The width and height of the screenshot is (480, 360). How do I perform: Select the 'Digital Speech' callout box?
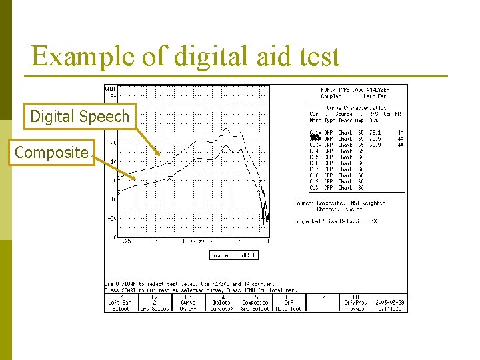point(79,117)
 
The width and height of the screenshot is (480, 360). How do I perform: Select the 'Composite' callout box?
point(51,153)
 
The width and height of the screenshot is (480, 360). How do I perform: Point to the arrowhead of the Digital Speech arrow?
point(159,155)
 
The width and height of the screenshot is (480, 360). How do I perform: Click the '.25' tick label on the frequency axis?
point(126,241)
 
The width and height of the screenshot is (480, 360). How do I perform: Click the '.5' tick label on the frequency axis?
point(155,241)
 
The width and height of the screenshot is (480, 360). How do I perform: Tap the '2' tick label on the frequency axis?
point(212,241)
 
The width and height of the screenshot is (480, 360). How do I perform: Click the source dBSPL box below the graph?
point(233,255)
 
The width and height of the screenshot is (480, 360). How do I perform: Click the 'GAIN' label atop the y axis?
point(111,90)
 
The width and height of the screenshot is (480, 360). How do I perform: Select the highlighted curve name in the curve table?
point(315,139)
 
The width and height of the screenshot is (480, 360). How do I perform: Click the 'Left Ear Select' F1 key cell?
point(121,303)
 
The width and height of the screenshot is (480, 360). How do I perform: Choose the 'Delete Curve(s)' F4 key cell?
point(221,303)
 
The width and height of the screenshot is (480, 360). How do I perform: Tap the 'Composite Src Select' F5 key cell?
point(255,303)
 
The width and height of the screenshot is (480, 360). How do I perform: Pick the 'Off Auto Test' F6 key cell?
point(289,303)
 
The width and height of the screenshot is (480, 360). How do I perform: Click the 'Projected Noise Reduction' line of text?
point(337,221)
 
